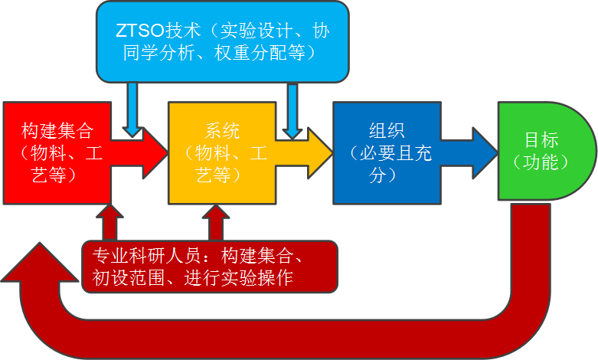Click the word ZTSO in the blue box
[x=138, y=31]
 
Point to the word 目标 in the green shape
[x=541, y=140]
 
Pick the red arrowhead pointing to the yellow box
[x=153, y=151]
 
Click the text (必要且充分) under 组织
[x=388, y=163]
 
